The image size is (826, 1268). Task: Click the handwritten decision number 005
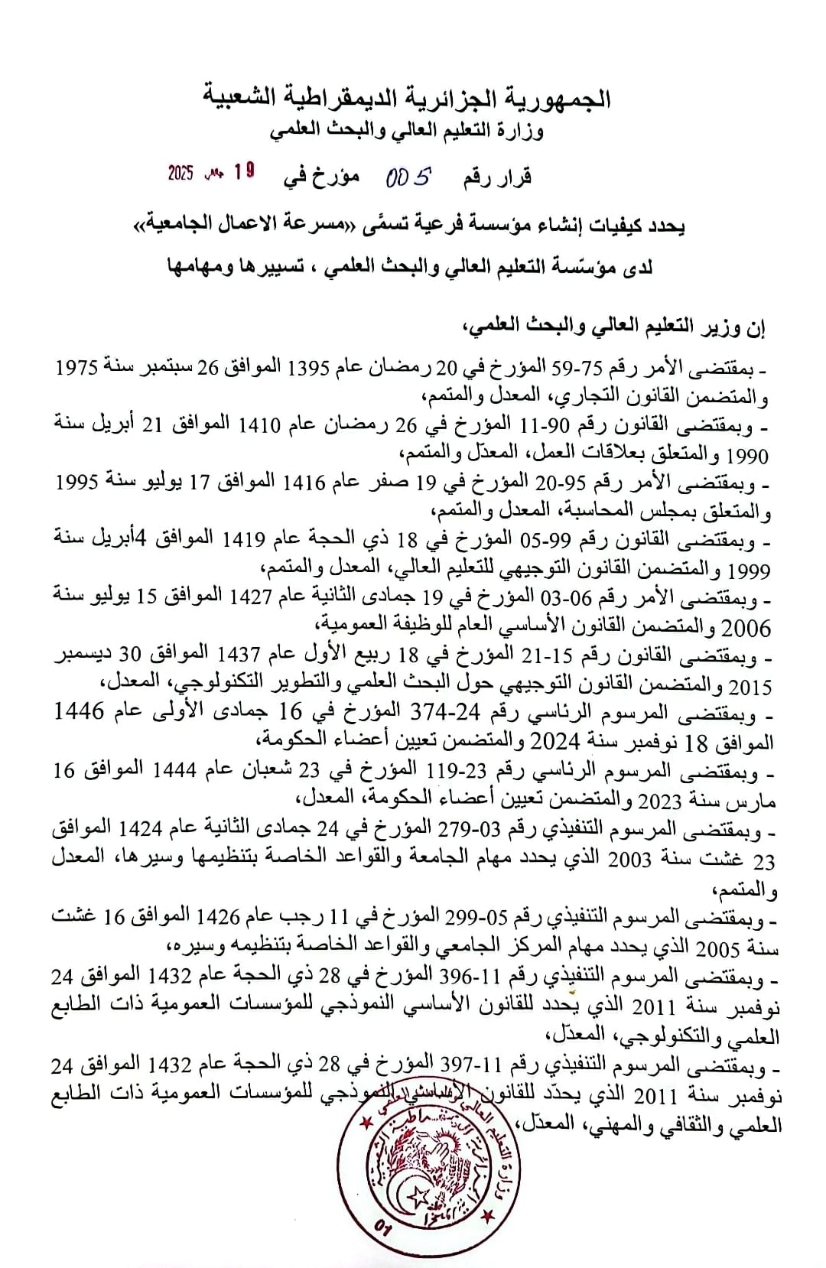408,178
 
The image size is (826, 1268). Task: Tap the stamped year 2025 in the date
181,173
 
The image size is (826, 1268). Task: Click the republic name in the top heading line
407,98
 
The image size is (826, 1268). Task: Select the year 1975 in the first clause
76,367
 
